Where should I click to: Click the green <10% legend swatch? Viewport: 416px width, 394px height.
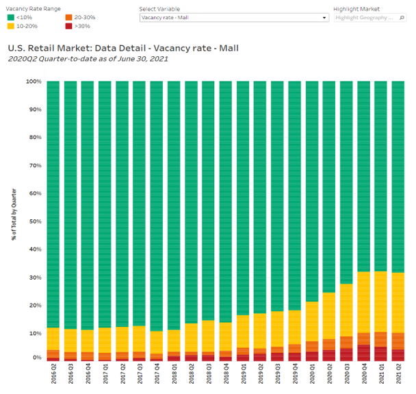[10, 18]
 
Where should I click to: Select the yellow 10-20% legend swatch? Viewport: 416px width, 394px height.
[10, 27]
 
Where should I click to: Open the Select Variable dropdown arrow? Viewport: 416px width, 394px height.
[324, 18]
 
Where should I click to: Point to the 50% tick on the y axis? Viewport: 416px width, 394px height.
[36, 221]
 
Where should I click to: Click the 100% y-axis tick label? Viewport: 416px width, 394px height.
[34, 82]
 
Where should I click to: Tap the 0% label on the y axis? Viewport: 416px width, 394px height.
[37, 358]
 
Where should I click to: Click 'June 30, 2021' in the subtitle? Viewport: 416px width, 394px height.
[144, 59]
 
